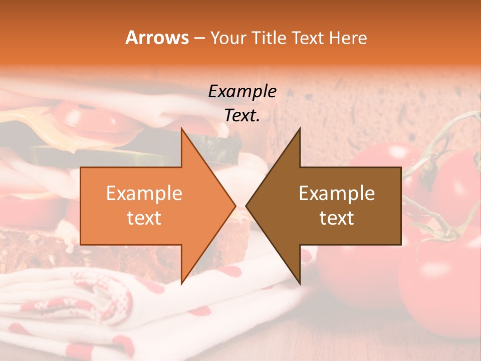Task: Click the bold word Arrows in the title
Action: pos(157,38)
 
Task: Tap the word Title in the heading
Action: pos(269,38)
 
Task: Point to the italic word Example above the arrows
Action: pos(242,92)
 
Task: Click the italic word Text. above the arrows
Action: pos(242,116)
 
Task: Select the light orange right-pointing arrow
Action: pos(150,206)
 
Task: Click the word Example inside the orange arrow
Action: pos(144,194)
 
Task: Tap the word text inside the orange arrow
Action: pos(144,218)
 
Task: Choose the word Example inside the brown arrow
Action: pos(337,194)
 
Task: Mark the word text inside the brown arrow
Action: pos(337,218)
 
